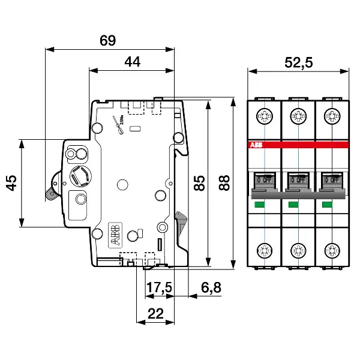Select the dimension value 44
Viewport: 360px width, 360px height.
point(134,61)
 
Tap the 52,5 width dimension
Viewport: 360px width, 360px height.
point(298,62)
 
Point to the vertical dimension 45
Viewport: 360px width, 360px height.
point(11,183)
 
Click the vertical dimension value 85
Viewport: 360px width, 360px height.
point(200,183)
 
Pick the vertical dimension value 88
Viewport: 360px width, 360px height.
point(225,183)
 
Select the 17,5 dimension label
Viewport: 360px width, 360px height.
point(159,288)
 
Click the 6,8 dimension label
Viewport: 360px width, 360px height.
point(211,288)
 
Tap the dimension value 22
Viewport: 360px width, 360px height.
point(155,312)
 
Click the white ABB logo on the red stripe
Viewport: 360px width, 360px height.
point(255,145)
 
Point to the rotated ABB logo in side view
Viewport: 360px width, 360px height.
point(113,235)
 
